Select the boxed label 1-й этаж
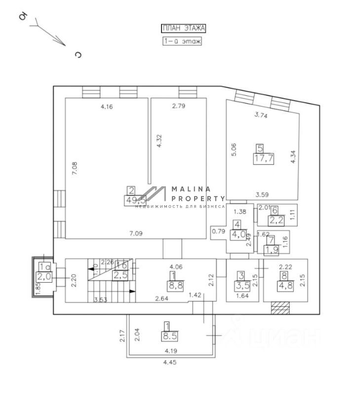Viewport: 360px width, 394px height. pos(182,42)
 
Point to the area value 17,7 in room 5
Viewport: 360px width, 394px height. pos(261,158)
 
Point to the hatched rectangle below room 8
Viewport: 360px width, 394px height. pos(280,307)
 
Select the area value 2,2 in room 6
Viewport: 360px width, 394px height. pos(276,219)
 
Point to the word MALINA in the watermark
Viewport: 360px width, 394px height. pos(191,189)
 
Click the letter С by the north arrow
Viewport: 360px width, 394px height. pos(78,55)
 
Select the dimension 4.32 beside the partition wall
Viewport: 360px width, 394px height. pos(159,142)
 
